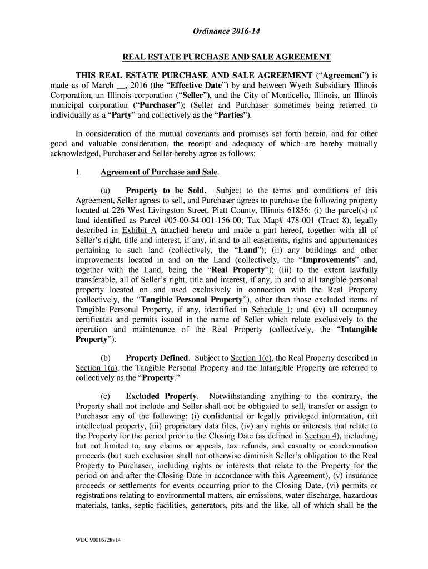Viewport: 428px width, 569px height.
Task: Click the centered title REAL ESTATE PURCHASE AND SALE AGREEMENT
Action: [x=226, y=57]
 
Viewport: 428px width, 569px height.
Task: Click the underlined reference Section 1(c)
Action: [x=249, y=358]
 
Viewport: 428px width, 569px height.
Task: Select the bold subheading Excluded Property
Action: [x=162, y=397]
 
